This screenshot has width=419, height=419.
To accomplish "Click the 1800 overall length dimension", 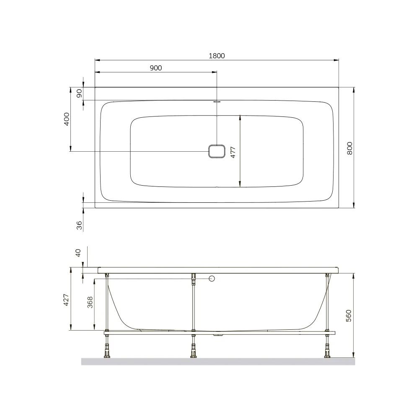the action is [x=217, y=56].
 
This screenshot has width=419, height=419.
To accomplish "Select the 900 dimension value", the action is [x=156, y=68].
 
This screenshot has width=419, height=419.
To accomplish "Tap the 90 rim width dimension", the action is [x=79, y=93].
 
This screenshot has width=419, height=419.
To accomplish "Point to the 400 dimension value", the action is [x=67, y=119].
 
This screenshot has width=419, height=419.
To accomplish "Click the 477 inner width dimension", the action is [x=233, y=153].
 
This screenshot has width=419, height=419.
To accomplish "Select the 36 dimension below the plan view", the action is [x=79, y=225].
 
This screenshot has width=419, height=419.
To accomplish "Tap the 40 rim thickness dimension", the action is [x=78, y=253].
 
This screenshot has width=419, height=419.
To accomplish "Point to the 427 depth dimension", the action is [x=66, y=300].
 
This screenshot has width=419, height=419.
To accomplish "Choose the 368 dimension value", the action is [x=90, y=302].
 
